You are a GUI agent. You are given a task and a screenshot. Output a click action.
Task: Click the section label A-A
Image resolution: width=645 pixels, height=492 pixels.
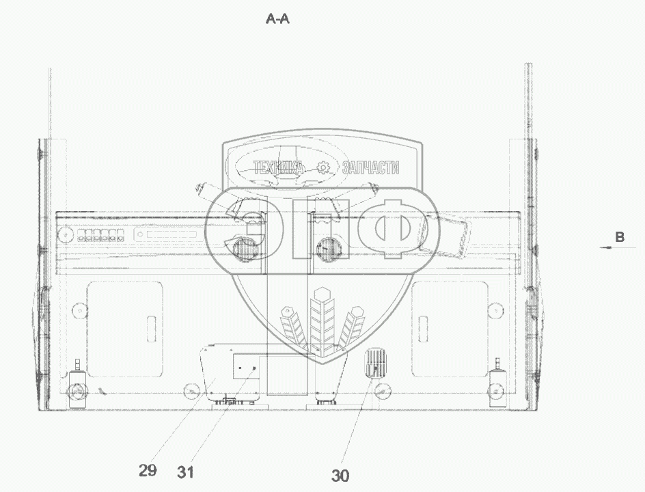(277, 19)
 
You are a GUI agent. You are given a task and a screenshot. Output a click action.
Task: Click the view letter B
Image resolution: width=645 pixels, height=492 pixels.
(620, 237)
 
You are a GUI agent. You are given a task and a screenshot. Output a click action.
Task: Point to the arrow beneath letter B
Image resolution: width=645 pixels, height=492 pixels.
(612, 247)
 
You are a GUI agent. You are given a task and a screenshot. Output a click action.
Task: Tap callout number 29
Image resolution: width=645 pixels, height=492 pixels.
(148, 470)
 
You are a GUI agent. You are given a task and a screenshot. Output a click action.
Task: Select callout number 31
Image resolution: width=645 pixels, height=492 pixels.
(186, 472)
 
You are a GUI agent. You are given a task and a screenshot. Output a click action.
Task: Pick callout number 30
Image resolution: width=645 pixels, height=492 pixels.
(340, 476)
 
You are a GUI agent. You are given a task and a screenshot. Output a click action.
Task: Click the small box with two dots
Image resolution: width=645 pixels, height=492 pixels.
(246, 366)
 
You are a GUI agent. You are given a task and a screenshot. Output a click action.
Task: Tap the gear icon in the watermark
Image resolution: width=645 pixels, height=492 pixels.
(324, 167)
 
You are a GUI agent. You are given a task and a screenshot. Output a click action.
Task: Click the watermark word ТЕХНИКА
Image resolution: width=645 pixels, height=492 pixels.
(278, 167)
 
